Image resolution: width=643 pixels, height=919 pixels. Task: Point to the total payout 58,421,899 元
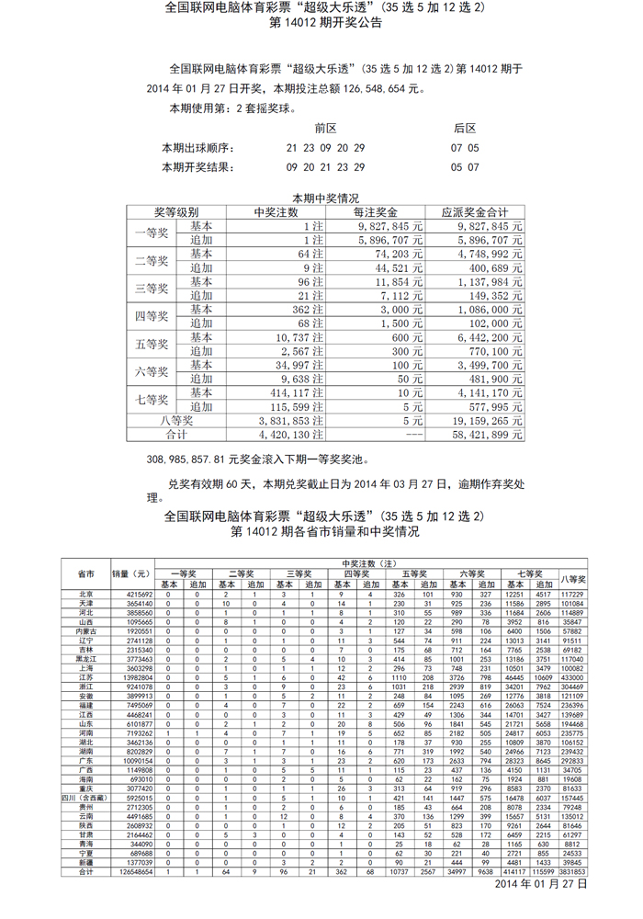click(x=480, y=434)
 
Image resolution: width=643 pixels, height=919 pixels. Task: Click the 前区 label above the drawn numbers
click(x=326, y=128)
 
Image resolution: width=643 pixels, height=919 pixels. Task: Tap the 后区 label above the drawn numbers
click(x=465, y=128)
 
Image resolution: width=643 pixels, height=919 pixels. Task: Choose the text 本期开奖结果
click(x=197, y=167)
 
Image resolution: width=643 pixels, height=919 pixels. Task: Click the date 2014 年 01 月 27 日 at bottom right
click(x=541, y=883)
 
